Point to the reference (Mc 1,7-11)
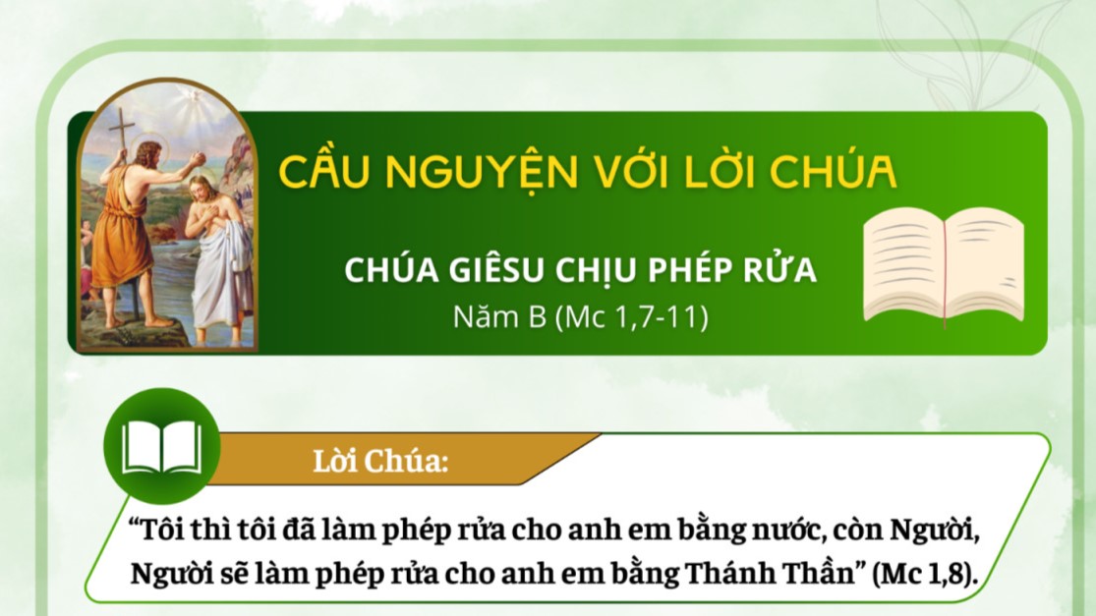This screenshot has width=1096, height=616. tap(631, 317)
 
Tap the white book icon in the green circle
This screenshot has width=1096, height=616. tap(161, 448)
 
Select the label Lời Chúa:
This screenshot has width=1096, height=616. tap(380, 461)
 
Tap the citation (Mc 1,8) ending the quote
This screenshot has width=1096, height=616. tap(925, 574)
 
